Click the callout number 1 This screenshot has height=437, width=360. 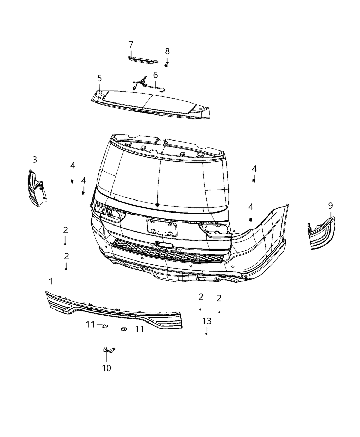[51, 282]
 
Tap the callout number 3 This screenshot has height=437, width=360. [35, 160]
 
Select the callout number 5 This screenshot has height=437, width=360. [99, 78]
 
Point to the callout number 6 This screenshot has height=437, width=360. [155, 75]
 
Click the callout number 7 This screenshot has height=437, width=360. [131, 45]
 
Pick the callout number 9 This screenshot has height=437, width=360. [330, 206]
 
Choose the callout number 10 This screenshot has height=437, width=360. [106, 368]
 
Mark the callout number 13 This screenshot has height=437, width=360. [207, 321]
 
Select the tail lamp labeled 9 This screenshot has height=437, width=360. [322, 233]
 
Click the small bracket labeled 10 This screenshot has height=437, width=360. [109, 350]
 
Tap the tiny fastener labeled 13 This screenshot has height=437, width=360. [206, 333]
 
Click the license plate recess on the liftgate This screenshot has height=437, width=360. [162, 228]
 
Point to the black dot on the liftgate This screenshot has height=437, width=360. [157, 204]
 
